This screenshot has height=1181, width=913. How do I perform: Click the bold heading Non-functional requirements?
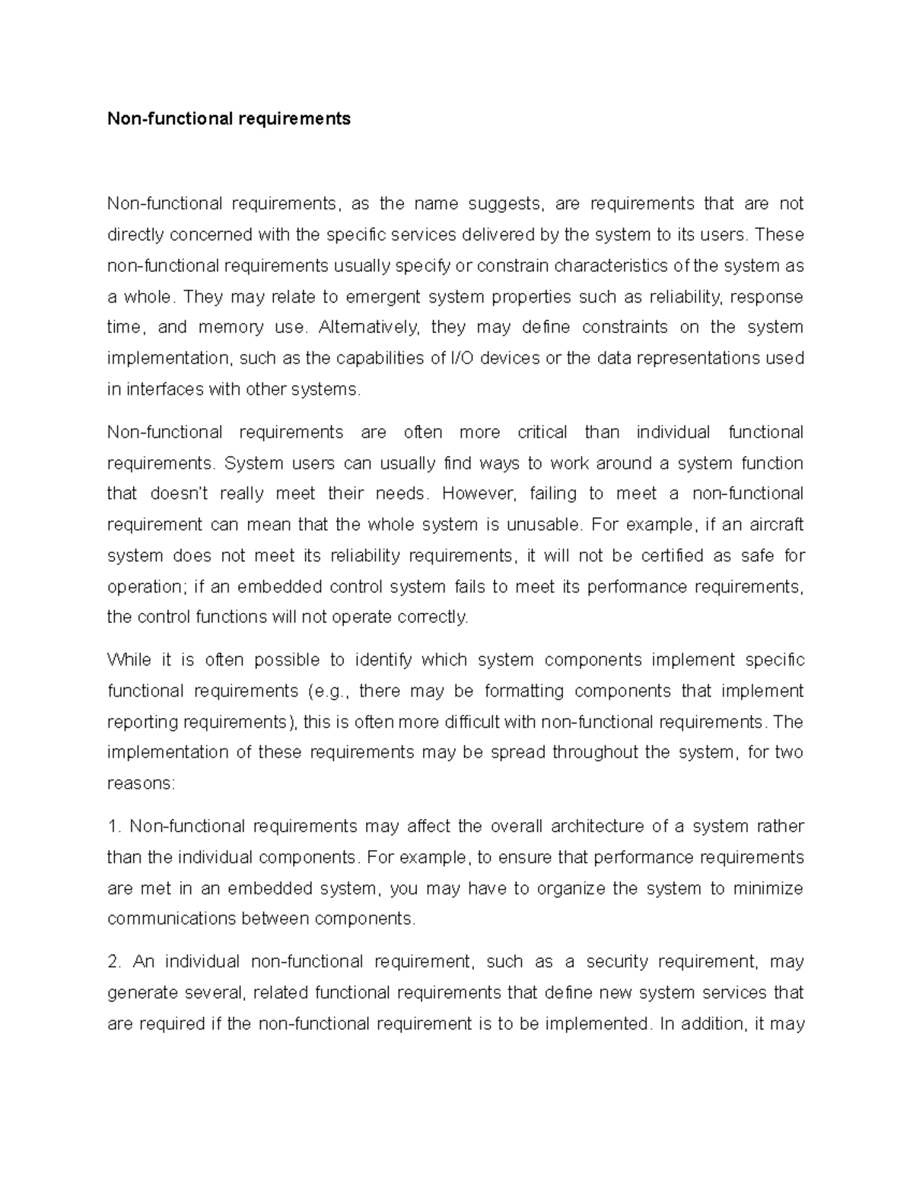click(x=229, y=119)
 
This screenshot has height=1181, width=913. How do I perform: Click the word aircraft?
click(x=776, y=525)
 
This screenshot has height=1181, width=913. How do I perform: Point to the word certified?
click(x=672, y=556)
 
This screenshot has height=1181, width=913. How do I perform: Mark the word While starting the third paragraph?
click(x=129, y=660)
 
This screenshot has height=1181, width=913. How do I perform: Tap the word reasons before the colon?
click(x=141, y=783)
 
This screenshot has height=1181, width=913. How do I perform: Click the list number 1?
click(x=113, y=827)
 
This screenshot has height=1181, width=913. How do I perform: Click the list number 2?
click(x=114, y=962)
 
